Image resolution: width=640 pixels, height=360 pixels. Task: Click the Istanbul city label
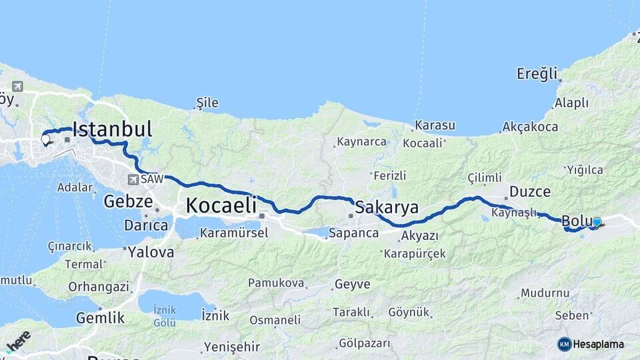[x=112, y=129]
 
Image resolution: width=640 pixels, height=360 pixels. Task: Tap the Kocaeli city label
[x=221, y=205]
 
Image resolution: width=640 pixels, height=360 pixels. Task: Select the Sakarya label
[x=387, y=207]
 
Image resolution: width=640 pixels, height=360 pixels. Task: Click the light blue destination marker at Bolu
[x=597, y=222]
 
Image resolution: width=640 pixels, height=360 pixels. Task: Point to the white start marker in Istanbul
[x=46, y=140]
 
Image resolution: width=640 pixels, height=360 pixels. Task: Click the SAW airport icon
[x=133, y=179]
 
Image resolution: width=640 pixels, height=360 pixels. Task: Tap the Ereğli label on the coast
[x=537, y=74]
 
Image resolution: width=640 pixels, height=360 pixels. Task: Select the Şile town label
[x=207, y=103]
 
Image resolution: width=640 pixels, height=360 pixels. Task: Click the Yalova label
[x=151, y=252]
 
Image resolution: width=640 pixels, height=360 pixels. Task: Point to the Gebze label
[x=129, y=201]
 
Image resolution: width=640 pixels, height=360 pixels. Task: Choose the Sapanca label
[x=353, y=233]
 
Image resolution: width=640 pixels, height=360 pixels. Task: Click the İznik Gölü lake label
[x=165, y=316]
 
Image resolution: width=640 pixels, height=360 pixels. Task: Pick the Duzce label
[x=530, y=192]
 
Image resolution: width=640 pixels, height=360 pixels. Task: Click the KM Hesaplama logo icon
[x=564, y=344]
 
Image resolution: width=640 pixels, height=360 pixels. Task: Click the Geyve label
[x=351, y=285]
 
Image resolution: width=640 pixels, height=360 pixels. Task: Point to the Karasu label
[x=435, y=125]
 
